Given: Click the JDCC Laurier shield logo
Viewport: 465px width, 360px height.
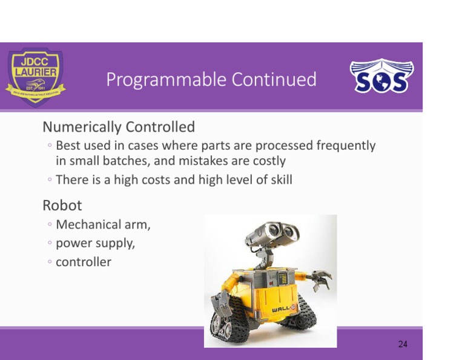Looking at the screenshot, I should (x=35, y=76).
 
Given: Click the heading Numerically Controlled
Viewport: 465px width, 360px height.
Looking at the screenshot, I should (x=119, y=127).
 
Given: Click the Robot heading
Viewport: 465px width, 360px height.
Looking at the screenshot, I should (x=62, y=205).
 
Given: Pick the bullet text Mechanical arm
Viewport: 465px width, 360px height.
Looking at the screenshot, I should (x=103, y=225).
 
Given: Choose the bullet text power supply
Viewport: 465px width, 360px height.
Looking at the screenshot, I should (x=95, y=244).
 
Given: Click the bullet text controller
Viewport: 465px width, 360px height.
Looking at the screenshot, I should (x=84, y=262).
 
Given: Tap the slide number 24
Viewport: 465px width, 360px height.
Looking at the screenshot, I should (x=403, y=344).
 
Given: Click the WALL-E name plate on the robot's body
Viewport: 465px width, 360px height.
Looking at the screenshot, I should (x=283, y=309).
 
